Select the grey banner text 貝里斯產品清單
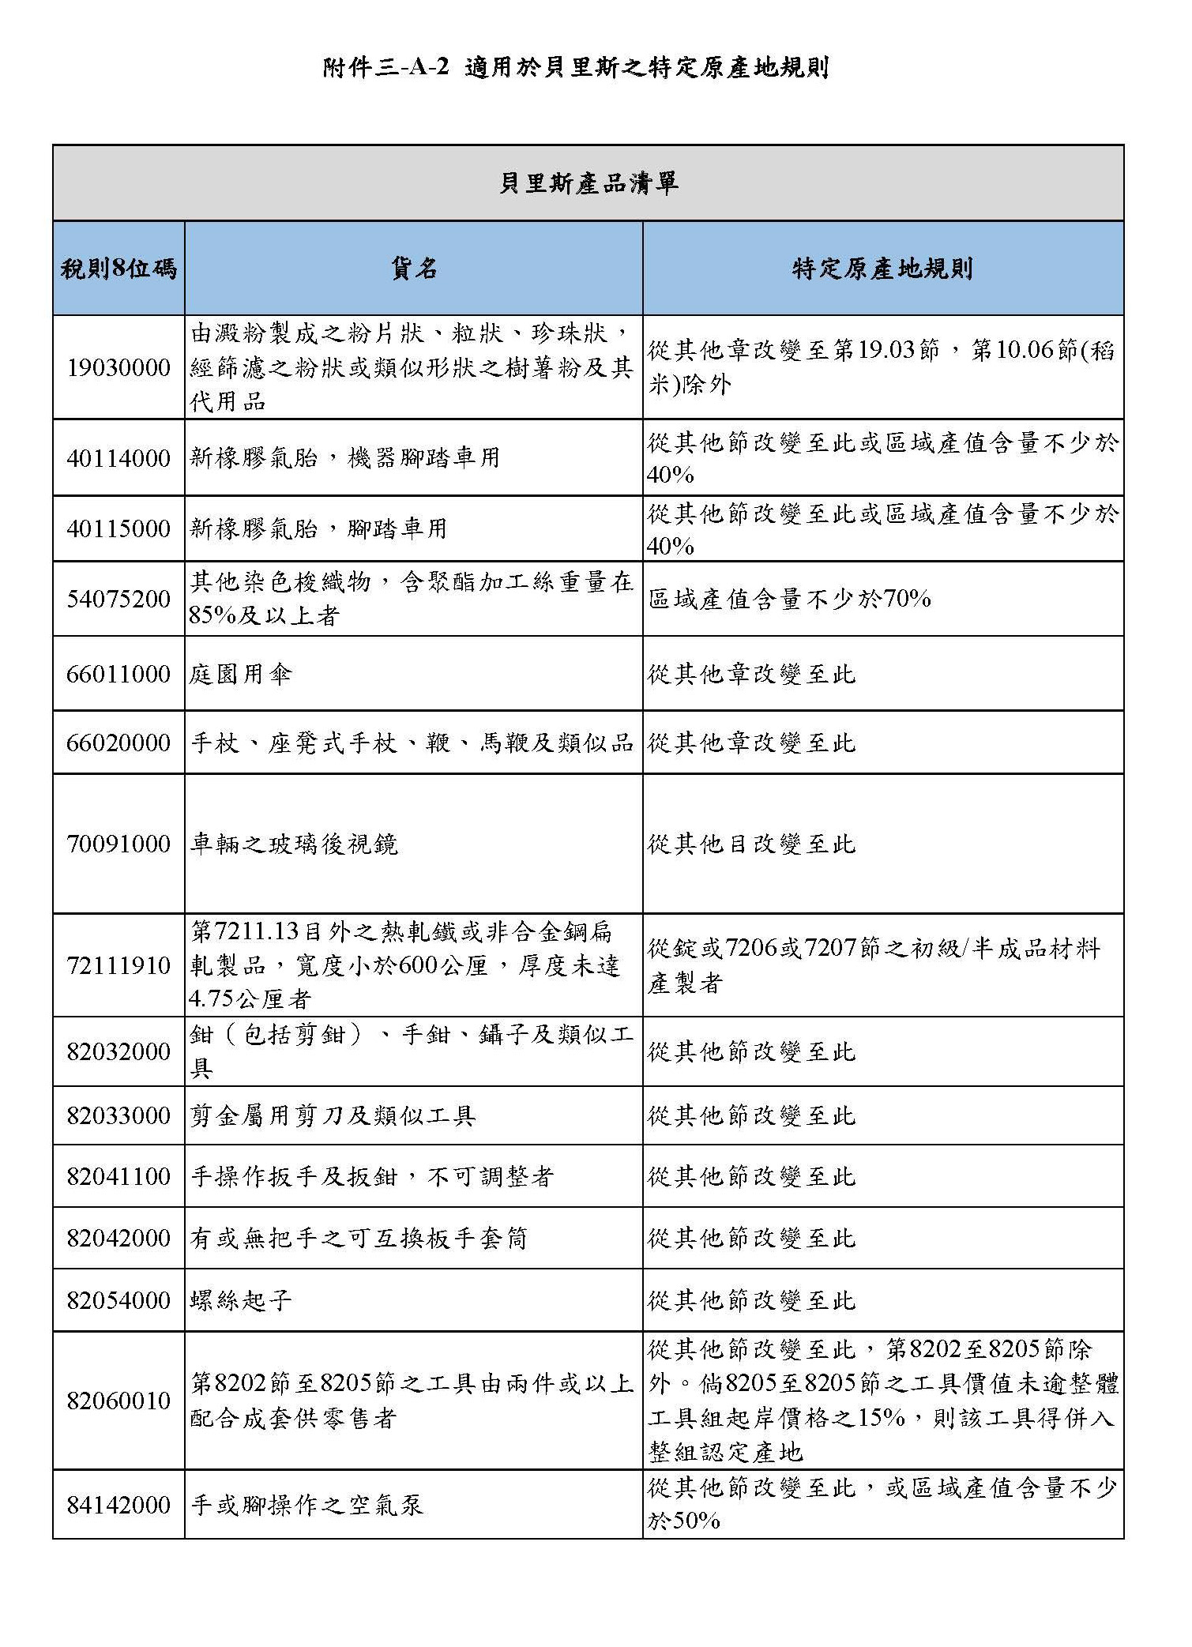[x=588, y=184]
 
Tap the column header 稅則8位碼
[x=118, y=269]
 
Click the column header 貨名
[x=413, y=269]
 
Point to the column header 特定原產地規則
[x=882, y=269]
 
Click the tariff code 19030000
[x=118, y=368]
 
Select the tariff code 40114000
[x=118, y=458]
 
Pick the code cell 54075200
[x=118, y=600]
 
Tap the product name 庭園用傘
[x=241, y=675]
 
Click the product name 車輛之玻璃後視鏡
[x=294, y=844]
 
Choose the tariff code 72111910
[x=118, y=965]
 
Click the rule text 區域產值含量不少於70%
[x=789, y=600]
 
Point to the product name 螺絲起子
[x=241, y=1300]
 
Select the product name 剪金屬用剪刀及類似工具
[x=333, y=1115]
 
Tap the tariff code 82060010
[x=118, y=1401]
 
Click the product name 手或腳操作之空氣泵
[x=306, y=1505]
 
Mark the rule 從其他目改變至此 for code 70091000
[x=751, y=844]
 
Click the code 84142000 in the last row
[x=118, y=1505]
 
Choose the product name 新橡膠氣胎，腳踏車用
[x=318, y=528]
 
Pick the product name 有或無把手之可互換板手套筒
[x=359, y=1238]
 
